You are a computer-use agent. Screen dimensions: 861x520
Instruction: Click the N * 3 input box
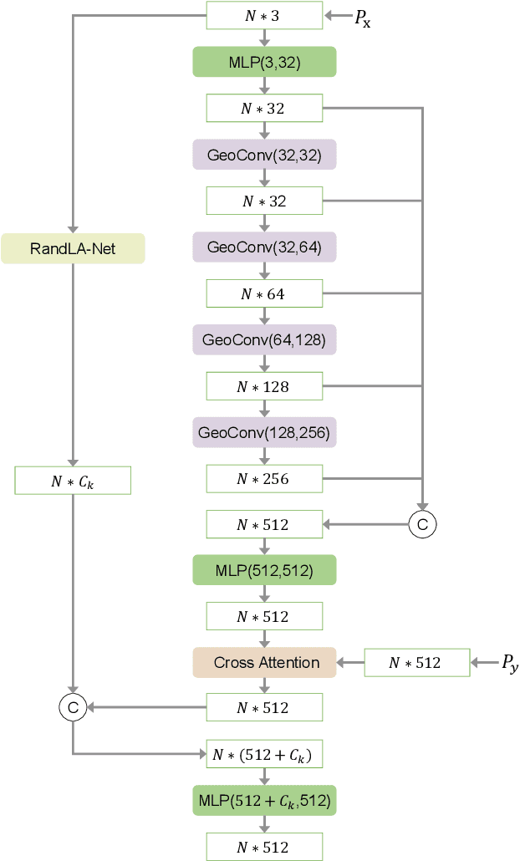point(264,15)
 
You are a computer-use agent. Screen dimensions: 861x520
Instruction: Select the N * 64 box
point(264,293)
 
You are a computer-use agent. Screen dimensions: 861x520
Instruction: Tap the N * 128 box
point(264,386)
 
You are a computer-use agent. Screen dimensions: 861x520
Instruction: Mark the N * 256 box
point(264,479)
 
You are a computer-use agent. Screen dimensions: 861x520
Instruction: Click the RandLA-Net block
point(73,248)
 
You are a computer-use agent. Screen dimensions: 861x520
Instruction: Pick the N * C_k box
point(73,481)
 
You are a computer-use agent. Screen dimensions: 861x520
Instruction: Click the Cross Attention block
point(264,663)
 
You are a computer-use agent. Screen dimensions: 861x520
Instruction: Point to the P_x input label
point(362,18)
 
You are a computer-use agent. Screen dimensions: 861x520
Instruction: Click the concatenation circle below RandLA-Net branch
point(73,708)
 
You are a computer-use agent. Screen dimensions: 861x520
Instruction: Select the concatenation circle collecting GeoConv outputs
point(422,524)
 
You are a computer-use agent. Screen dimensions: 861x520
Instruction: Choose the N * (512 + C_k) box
point(264,755)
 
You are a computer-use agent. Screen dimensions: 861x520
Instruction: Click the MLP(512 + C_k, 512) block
point(264,801)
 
